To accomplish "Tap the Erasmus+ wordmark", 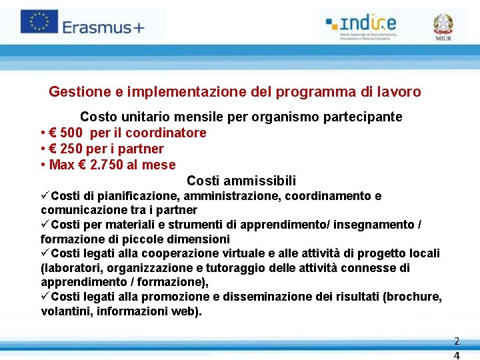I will [103, 27].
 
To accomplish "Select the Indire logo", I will [361, 25].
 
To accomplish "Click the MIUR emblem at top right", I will [443, 27].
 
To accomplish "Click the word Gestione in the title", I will [75, 92].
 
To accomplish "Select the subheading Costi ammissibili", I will [241, 181].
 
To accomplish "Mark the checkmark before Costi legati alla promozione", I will [45, 296].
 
